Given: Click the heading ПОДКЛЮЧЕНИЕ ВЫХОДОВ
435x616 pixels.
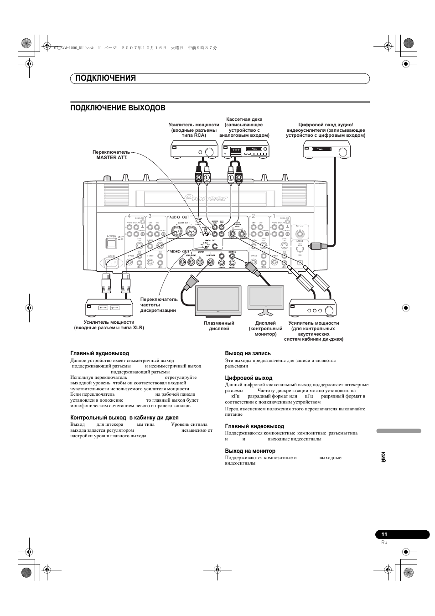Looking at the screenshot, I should tap(118, 108).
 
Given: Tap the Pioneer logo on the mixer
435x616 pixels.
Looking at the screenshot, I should tap(206, 198).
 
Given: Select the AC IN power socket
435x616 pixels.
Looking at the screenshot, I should tap(112, 264).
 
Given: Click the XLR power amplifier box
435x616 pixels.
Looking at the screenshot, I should tap(109, 308).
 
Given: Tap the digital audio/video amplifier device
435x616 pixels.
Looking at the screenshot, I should tap(326, 149).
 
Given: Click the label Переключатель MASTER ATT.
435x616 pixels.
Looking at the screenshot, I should tap(111, 155).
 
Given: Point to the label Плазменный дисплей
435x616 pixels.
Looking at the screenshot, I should tap(219, 326).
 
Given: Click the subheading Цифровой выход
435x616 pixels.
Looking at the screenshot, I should tap(249, 378).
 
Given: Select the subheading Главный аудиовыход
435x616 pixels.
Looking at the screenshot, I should tap(99, 353).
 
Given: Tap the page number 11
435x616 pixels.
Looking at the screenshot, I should tap(384, 535).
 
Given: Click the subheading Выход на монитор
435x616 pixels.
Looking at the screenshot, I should tap(250, 451).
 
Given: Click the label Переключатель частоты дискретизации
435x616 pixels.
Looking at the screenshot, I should tap(159, 305).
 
